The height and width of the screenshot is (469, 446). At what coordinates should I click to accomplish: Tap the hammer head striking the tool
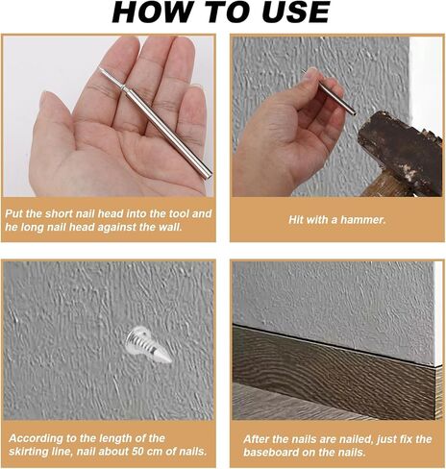coord(402,153)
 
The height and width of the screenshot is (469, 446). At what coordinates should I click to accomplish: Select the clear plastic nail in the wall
coord(148,345)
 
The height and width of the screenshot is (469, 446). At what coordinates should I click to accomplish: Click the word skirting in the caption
coord(27,452)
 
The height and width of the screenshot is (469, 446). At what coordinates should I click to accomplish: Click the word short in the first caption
coord(57,213)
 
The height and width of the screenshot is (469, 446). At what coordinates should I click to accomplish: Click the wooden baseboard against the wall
coord(334,372)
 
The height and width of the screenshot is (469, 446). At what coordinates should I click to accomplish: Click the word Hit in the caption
coord(295,220)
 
